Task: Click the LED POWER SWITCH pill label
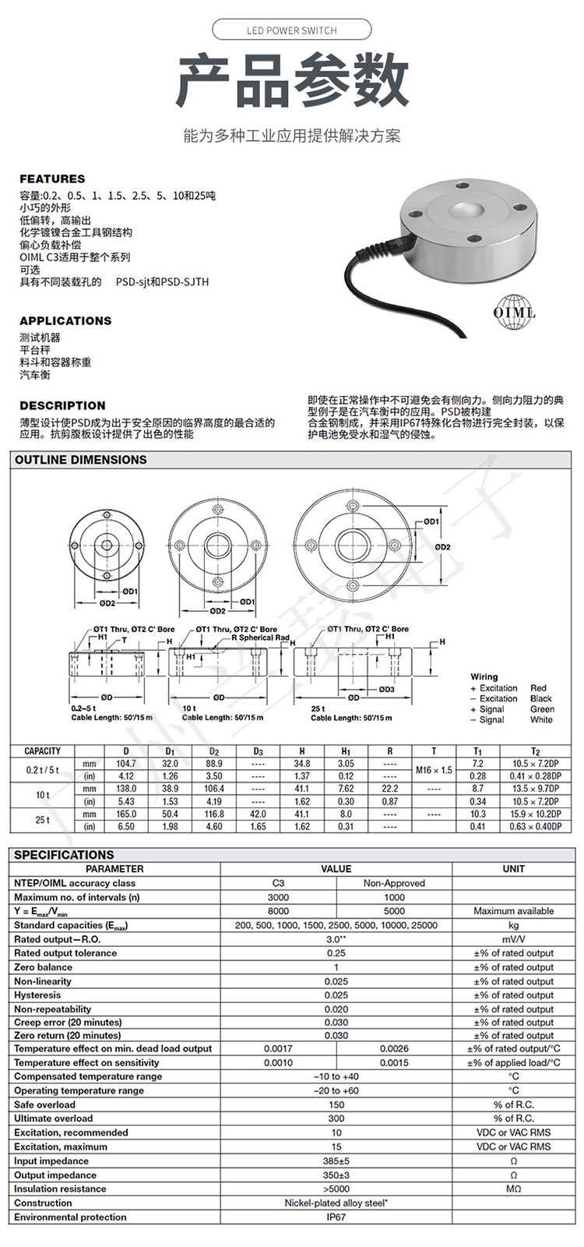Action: tap(292, 30)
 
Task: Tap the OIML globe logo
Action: tap(514, 313)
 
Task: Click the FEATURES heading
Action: tap(52, 178)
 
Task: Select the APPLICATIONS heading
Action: tap(65, 320)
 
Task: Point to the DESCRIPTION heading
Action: tap(62, 405)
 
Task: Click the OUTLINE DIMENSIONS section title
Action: tap(81, 460)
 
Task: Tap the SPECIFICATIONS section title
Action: tap(64, 855)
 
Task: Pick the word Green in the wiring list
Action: tap(542, 709)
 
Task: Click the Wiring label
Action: tap(484, 676)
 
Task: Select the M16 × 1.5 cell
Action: tap(434, 770)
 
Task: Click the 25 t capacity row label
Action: tap(42, 820)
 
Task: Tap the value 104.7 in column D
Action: tap(125, 764)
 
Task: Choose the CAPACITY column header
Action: tap(42, 751)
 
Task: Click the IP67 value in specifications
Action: tap(336, 1217)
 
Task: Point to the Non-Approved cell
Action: tap(394, 883)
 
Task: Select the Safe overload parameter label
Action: tap(45, 1104)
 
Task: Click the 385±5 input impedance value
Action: tap(336, 1161)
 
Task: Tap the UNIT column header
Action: tap(513, 869)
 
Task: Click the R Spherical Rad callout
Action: tap(260, 638)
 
